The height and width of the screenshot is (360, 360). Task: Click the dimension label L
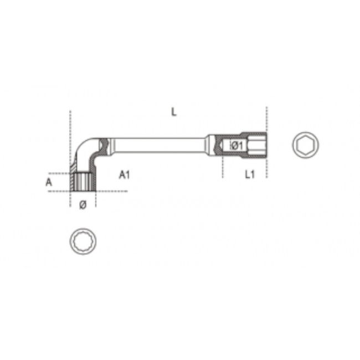pos(174,112)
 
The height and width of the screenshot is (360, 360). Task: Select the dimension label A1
pos(125,175)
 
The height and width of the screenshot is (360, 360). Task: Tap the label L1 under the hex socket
pos(249,175)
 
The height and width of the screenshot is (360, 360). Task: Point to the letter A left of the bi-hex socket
pos(49,182)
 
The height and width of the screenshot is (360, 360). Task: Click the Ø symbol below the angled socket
pos(83,205)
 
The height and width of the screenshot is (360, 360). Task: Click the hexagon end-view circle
pos(305,145)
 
